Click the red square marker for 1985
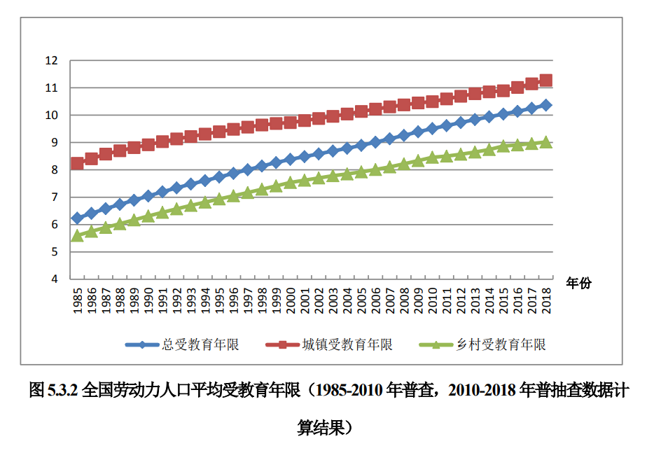point(77,163)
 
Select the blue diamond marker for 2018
point(546,105)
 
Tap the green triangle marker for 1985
point(77,236)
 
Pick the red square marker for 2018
point(546,80)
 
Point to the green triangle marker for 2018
point(546,142)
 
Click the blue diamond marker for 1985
point(77,218)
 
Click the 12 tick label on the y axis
point(51,61)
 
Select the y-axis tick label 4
point(55,279)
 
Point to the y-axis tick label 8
point(55,169)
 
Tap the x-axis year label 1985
point(78,300)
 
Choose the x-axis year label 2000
point(291,300)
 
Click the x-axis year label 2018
point(546,300)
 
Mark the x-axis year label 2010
point(433,300)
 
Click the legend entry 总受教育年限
point(200,344)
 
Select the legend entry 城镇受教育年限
point(347,344)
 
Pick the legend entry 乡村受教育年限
point(501,344)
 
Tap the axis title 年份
point(579,284)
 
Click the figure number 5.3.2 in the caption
point(63,391)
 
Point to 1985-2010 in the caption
point(349,391)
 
